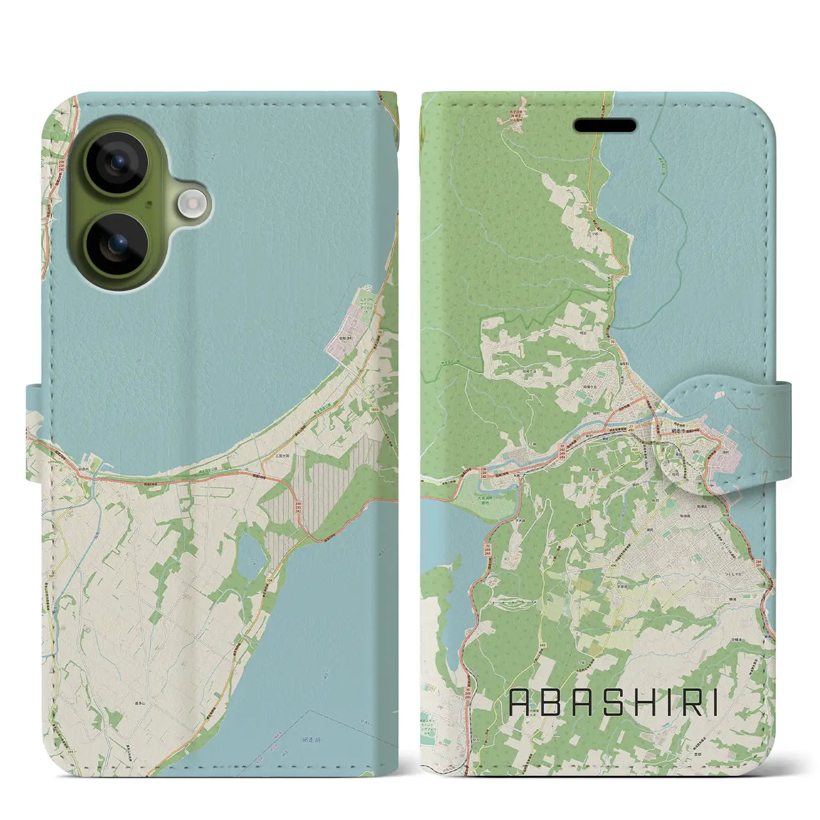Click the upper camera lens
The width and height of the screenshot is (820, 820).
(117, 163)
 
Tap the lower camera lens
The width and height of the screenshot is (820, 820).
(117, 244)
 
